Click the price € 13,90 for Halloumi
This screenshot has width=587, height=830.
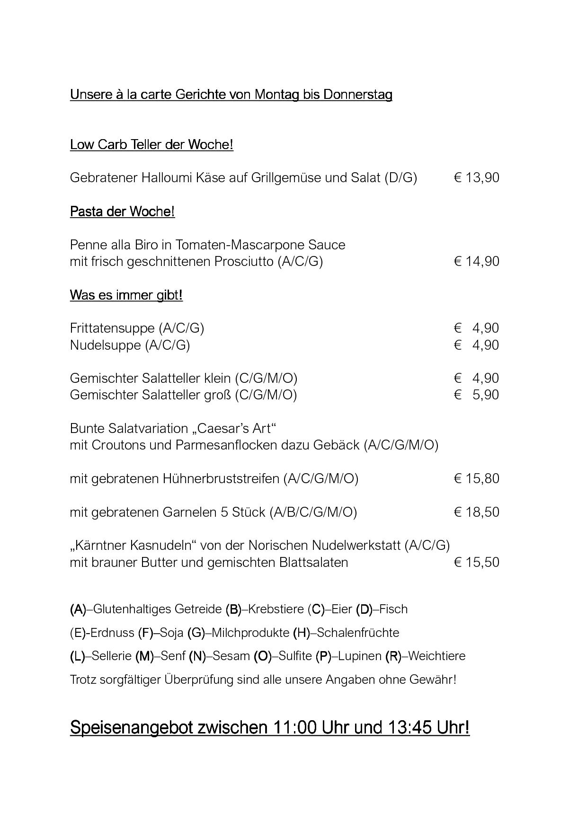click(x=476, y=178)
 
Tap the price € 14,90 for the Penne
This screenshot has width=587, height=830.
click(x=476, y=262)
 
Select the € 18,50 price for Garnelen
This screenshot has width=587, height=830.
click(x=476, y=512)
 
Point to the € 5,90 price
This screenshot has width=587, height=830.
click(x=476, y=395)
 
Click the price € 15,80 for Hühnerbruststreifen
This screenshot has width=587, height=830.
click(x=476, y=478)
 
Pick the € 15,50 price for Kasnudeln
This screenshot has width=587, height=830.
click(x=476, y=562)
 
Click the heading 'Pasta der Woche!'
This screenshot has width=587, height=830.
click(x=122, y=212)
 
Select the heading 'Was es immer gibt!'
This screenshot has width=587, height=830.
click(x=126, y=295)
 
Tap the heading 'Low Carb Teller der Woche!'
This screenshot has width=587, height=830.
click(x=151, y=144)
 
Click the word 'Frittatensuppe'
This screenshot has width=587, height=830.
click(x=112, y=328)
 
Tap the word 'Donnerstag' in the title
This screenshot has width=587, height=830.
click(x=357, y=95)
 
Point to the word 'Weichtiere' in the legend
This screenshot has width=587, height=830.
click(x=436, y=656)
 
